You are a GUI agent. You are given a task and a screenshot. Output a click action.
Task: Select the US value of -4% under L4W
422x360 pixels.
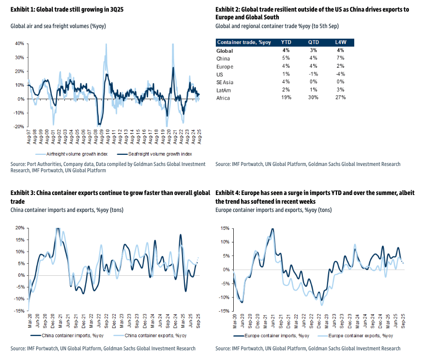(x=340, y=74)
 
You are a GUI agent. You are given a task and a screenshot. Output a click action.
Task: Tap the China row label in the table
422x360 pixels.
(x=223, y=59)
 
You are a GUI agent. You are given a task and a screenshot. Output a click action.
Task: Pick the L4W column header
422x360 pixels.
(x=340, y=42)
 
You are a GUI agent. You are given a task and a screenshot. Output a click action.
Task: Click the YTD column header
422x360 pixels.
(x=286, y=42)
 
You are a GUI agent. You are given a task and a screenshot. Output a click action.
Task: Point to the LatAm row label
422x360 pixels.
(x=224, y=90)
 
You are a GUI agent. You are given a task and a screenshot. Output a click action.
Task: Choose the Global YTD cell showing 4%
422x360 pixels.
(x=286, y=50)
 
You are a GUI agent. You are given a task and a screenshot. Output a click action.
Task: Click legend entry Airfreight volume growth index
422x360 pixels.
(x=80, y=154)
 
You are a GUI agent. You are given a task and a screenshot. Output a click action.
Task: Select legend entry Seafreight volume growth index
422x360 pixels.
(x=157, y=154)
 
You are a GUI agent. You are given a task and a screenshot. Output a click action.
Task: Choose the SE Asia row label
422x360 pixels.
(x=225, y=82)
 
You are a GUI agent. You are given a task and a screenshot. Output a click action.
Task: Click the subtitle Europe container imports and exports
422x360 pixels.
(x=273, y=210)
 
